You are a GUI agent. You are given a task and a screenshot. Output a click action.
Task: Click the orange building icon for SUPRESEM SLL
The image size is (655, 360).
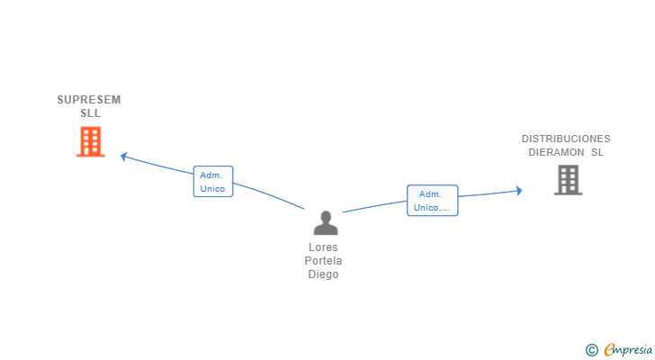click(90, 142)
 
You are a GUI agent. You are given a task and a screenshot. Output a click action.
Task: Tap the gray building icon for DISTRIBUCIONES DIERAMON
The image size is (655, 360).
click(568, 180)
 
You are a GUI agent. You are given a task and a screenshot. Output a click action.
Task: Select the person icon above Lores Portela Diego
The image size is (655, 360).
click(326, 222)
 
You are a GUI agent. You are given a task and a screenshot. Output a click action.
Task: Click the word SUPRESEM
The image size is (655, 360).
click(89, 100)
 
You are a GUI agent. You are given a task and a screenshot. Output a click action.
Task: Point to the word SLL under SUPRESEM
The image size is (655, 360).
click(90, 113)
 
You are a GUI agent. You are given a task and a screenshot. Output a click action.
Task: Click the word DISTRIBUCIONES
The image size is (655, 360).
click(566, 139)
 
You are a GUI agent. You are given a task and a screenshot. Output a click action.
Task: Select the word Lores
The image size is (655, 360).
click(324, 247)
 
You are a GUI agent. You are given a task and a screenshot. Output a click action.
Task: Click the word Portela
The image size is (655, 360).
click(324, 261)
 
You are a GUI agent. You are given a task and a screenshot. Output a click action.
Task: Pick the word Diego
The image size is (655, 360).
click(324, 274)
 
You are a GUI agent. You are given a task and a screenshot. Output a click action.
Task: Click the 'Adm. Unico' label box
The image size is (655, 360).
click(213, 182)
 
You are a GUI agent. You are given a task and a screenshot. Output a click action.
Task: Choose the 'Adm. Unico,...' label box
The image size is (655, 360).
click(433, 201)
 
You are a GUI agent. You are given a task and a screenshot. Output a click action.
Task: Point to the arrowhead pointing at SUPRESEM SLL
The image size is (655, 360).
click(124, 157)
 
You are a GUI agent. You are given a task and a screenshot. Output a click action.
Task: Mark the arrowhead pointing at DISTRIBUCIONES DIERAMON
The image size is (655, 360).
click(518, 190)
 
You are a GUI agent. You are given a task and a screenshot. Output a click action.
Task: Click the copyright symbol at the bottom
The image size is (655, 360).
click(591, 350)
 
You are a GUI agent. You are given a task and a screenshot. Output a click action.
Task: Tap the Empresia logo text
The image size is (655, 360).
click(628, 350)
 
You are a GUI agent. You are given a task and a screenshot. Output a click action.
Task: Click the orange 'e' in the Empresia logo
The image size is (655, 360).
click(609, 350)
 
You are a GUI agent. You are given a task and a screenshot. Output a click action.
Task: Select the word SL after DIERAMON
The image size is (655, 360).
click(597, 152)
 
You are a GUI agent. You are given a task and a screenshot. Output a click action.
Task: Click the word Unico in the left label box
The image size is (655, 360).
click(213, 189)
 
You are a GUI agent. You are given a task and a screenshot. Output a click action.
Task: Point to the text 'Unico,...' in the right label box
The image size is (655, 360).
click(432, 208)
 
